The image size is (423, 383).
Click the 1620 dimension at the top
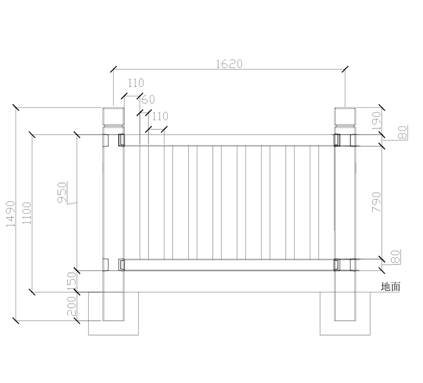click(x=229, y=64)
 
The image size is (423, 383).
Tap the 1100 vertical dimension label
click(x=26, y=214)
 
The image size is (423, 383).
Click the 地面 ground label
click(x=390, y=287)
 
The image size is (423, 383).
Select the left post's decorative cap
click(x=113, y=117)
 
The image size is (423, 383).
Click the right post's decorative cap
click(x=345, y=117)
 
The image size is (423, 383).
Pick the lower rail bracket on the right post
click(x=337, y=265)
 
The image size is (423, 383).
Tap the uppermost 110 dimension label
click(x=136, y=83)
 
